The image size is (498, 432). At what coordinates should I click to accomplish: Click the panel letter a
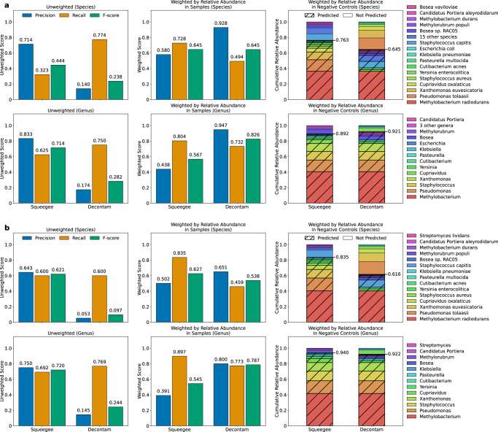pos(4,4)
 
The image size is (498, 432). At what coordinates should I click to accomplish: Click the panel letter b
pos(4,221)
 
